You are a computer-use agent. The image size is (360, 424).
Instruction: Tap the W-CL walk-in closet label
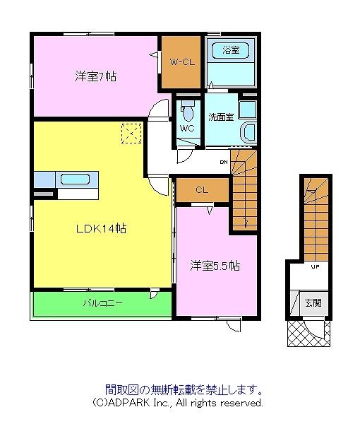[181, 62]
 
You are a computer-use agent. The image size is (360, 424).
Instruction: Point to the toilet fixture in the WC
[187, 112]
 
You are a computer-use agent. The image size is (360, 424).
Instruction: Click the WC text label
[186, 129]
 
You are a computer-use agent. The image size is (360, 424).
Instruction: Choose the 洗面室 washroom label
[221, 117]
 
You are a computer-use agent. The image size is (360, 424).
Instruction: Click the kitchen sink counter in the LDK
[73, 179]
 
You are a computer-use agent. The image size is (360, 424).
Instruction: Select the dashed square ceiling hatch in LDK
[131, 133]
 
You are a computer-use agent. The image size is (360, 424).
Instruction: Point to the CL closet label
[201, 189]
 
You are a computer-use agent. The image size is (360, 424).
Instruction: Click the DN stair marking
[224, 162]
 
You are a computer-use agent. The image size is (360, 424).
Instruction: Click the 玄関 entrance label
[313, 302]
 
